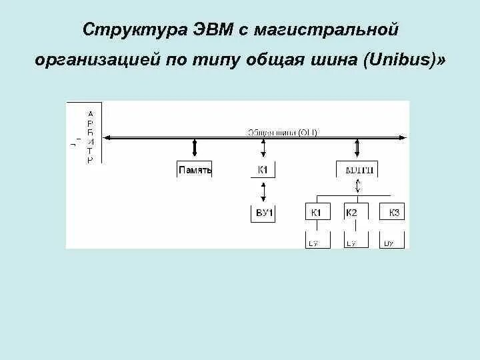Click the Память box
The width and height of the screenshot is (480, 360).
tap(195, 170)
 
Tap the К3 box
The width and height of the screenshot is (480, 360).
tap(393, 213)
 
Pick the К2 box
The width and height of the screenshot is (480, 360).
tap(352, 213)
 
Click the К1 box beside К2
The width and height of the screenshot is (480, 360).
tap(316, 213)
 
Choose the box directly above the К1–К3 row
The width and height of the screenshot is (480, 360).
tap(359, 170)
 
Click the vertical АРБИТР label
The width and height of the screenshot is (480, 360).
tap(91, 137)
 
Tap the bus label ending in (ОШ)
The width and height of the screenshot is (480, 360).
tap(283, 132)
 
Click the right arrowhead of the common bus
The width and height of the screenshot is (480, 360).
tap(403, 137)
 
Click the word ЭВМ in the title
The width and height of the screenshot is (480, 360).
tap(212, 30)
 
